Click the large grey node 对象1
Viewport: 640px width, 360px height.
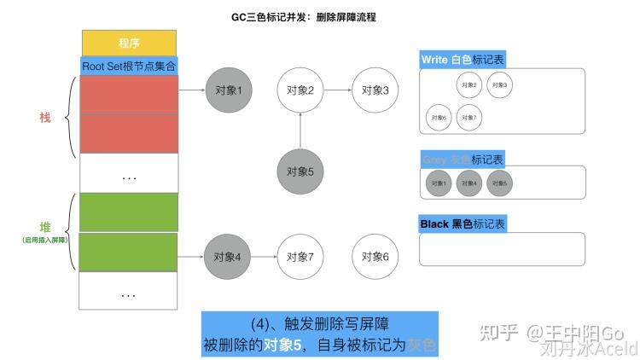[x=228, y=90]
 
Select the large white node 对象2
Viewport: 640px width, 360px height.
[x=300, y=90]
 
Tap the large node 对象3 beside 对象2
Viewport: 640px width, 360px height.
[x=375, y=90]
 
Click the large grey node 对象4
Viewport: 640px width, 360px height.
[x=228, y=256]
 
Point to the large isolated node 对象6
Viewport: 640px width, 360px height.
[x=375, y=256]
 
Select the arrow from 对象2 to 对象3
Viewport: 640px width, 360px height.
[x=338, y=90]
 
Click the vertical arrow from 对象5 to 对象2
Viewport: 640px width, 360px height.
[x=300, y=131]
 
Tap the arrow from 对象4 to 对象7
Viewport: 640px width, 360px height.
[x=265, y=256]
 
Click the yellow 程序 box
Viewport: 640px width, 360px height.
[x=129, y=42]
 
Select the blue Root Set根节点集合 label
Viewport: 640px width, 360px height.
[x=129, y=65]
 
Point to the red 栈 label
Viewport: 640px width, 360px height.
[x=45, y=117]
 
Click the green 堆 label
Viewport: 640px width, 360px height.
[x=45, y=226]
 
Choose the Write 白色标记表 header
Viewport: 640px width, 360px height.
[x=462, y=60]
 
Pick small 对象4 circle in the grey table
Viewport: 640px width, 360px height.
[x=468, y=183]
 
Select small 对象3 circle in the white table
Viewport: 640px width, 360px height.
[x=499, y=84]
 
